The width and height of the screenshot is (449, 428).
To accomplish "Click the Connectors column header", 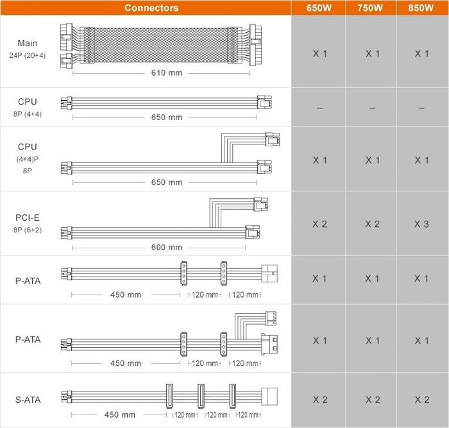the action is coord(151,8).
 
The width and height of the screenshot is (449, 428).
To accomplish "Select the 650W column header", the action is coord(319,8).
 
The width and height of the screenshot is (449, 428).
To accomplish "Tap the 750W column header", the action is coord(370,8).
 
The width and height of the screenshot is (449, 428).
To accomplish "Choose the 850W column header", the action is coord(421,8).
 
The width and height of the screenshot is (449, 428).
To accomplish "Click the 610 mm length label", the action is coord(167,73).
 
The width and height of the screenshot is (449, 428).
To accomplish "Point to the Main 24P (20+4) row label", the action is coord(28,49).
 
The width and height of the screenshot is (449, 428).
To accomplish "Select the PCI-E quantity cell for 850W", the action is coord(421,224).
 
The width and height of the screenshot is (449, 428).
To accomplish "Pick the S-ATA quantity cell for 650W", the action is coord(320,400).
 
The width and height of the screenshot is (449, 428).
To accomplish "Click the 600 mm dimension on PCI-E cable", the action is coord(167,247).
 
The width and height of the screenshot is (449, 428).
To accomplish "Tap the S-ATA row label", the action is coord(28,400).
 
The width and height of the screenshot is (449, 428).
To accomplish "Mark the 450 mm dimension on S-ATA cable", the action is coord(120,415).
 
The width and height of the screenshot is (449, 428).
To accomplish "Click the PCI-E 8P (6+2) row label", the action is coord(28,223).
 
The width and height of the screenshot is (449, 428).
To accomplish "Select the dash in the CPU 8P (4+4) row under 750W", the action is coord(372,108).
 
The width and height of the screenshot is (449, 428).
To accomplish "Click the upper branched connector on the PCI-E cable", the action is coord(260,204).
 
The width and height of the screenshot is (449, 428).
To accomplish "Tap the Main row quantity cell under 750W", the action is coord(373,53).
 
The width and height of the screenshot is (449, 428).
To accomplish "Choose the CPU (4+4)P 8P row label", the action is coord(28,158).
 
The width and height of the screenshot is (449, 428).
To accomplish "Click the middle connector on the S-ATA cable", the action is coord(201,396).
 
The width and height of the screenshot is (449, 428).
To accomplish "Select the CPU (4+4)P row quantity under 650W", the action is coord(320,160).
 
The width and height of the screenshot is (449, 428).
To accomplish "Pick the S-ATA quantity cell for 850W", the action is coord(422,400).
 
